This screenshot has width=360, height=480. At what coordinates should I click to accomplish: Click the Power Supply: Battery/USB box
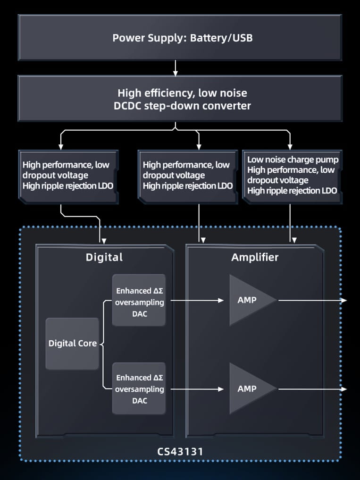click(180, 38)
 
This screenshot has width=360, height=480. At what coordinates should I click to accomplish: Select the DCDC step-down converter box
click(180, 99)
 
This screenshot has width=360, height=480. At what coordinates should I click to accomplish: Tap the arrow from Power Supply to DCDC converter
click(176, 68)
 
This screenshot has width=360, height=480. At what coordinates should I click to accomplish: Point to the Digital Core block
click(72, 344)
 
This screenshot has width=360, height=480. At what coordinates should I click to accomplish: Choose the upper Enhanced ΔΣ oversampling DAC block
click(139, 300)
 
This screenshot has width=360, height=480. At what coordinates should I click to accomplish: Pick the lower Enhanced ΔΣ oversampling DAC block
click(139, 388)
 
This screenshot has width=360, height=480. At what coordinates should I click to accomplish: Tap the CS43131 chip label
click(180, 451)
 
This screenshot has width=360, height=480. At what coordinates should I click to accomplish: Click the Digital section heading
click(104, 257)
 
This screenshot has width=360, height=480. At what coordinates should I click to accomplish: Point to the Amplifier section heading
click(255, 257)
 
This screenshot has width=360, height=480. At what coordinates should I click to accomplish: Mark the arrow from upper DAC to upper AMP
click(196, 300)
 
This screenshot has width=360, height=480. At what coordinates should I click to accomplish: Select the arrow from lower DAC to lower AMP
click(196, 389)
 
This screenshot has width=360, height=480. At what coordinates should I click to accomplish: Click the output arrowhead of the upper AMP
click(344, 300)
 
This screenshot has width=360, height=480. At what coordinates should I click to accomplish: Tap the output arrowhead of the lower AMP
click(344, 389)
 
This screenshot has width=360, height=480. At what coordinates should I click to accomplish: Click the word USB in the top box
click(241, 38)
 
